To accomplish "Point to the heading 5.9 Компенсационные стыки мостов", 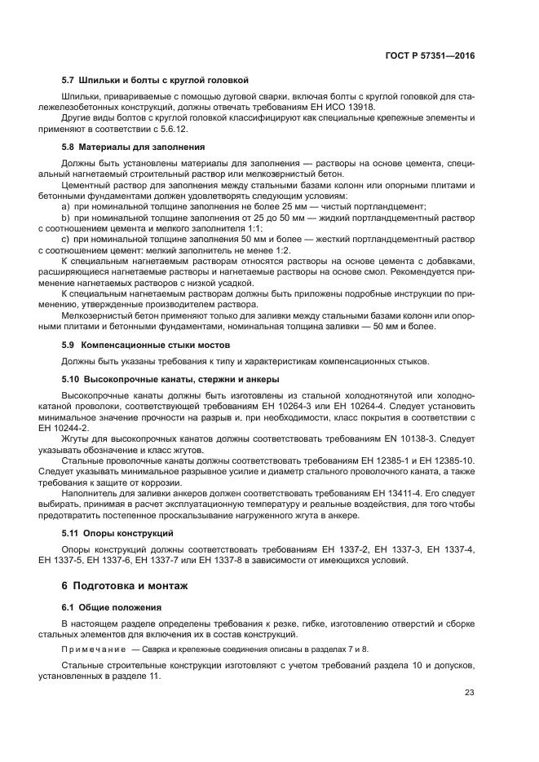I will [144, 345].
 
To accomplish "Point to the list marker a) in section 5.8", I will [65, 207].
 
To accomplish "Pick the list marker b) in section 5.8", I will [65, 218].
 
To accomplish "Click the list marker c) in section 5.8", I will [65, 240].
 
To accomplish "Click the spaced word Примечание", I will [94, 648].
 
